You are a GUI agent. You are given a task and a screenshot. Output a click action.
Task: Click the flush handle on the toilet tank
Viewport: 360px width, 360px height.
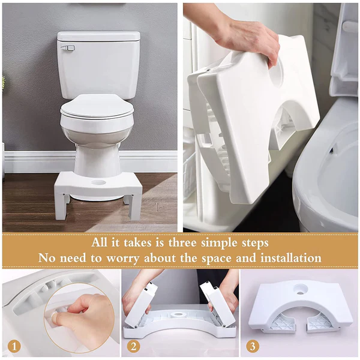coord(68,47)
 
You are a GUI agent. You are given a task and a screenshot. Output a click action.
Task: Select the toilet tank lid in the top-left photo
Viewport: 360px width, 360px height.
coord(99,36)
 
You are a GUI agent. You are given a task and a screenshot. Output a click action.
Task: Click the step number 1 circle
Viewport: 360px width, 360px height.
coord(14,346)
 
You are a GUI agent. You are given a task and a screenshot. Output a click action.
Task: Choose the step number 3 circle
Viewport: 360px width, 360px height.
coord(252,346)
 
